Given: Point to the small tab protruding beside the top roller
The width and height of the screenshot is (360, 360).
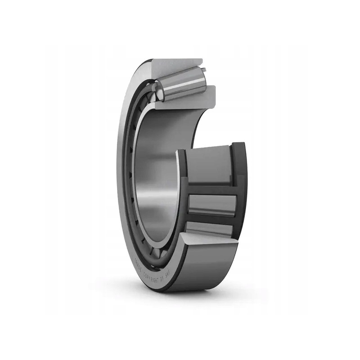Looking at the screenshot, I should pyautogui.click(x=203, y=70).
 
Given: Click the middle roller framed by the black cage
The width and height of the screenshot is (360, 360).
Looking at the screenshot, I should pyautogui.click(x=211, y=205).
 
